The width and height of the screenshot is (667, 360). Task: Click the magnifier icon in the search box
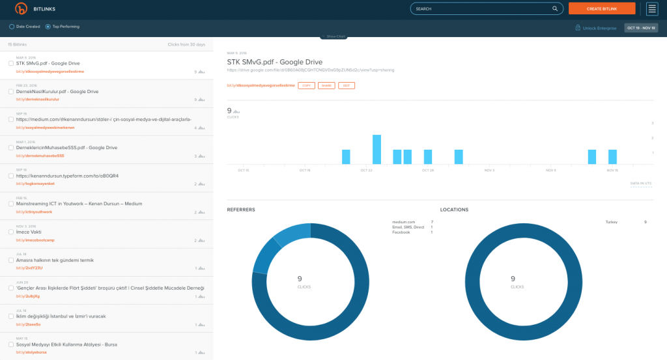[555, 9]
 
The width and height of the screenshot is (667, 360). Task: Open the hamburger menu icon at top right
[652, 8]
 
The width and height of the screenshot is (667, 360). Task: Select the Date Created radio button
[12, 27]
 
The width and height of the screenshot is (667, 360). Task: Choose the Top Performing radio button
[48, 27]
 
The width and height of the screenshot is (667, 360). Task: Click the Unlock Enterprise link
[595, 28]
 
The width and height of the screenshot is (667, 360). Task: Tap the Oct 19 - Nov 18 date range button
[642, 28]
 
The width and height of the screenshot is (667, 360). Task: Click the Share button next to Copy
[326, 85]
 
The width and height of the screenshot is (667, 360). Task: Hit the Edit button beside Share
[347, 85]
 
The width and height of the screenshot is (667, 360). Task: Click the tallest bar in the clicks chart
[376, 149]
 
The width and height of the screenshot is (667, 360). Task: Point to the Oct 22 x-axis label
[365, 170]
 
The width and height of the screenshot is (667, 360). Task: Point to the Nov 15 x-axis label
[612, 170]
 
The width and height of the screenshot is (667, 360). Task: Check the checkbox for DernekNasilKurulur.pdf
[11, 92]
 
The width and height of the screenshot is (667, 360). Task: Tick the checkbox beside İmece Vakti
[11, 232]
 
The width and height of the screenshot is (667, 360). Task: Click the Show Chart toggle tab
[333, 36]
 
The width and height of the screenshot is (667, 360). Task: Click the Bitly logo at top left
[21, 8]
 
